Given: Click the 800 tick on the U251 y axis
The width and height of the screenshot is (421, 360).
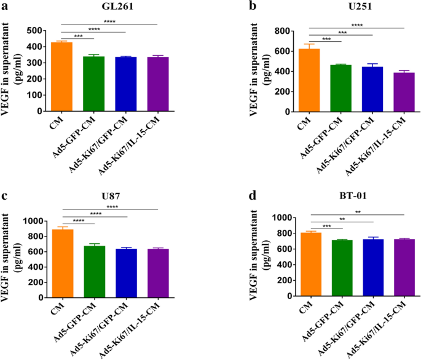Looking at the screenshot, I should (x=286, y=31).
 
